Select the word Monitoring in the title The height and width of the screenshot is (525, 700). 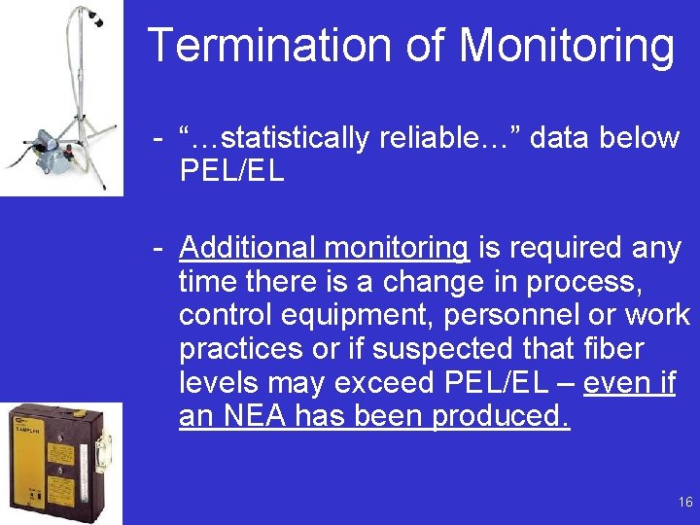(566, 46)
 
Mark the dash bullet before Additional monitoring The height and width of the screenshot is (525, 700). (157, 249)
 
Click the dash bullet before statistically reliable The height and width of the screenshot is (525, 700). (157, 139)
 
